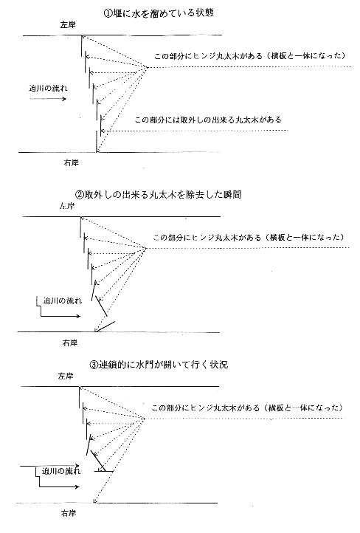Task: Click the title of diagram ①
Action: [159, 13]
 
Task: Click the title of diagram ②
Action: [158, 195]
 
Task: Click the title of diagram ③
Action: [159, 365]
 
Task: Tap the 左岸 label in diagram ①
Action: [68, 25]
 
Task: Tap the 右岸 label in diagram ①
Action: [71, 163]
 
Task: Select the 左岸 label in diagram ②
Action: [66, 206]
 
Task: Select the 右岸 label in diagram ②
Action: [69, 343]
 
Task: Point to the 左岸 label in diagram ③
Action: [66, 376]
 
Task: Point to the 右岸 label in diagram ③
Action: [69, 513]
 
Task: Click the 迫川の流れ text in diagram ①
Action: [48, 89]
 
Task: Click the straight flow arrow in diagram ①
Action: [48, 99]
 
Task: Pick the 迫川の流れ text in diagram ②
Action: [63, 300]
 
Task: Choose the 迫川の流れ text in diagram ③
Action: [61, 471]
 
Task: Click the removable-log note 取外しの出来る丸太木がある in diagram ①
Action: [208, 120]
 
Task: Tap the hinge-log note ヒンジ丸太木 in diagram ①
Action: [250, 56]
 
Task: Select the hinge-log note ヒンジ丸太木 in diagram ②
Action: [249, 237]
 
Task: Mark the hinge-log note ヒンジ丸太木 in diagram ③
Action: [247, 408]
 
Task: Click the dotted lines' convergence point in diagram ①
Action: [147, 68]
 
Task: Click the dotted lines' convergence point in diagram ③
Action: [145, 419]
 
